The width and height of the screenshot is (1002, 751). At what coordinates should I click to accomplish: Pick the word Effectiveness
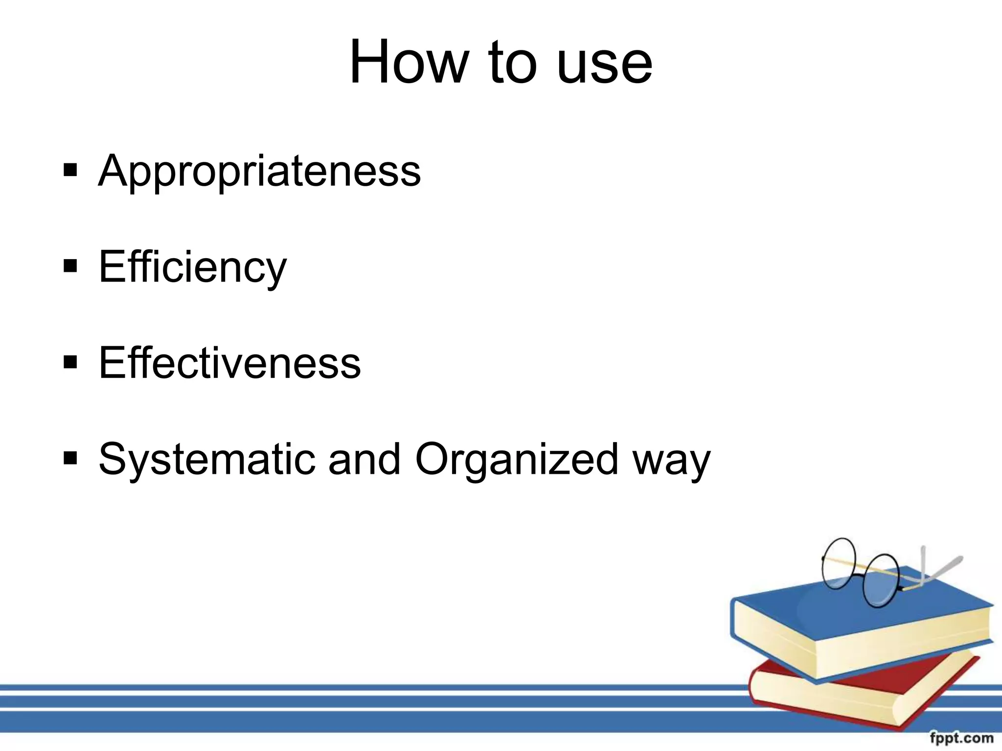tap(229, 363)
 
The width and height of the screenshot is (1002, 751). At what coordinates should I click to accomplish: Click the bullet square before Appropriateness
tap(70, 170)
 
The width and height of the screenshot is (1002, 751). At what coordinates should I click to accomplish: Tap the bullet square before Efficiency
tap(70, 266)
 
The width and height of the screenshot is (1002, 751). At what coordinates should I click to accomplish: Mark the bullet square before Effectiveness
tap(70, 362)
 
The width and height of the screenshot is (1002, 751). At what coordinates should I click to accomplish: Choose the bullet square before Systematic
tap(70, 458)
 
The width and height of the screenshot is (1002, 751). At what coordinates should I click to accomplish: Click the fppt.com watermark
tap(961, 738)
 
